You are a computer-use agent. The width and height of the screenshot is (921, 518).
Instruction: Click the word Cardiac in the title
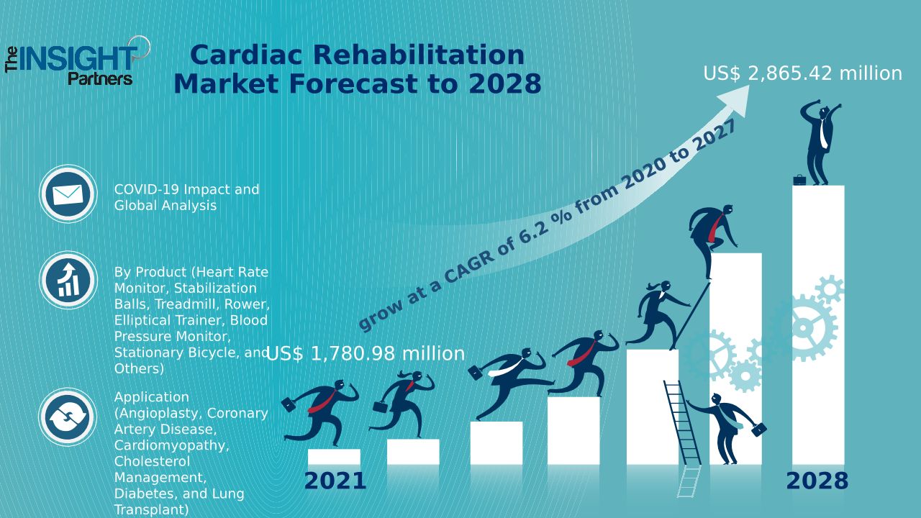(x=244, y=55)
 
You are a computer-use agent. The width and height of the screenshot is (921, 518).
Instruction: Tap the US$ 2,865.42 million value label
(x=802, y=73)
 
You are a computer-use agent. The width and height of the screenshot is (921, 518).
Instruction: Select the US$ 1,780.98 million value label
(x=366, y=354)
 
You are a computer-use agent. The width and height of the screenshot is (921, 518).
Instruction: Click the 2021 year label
(x=335, y=481)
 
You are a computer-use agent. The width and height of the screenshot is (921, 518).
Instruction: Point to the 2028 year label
(x=817, y=481)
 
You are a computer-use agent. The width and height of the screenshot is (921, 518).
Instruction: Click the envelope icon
(x=68, y=194)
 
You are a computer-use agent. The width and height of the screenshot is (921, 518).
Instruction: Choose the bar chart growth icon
(x=68, y=280)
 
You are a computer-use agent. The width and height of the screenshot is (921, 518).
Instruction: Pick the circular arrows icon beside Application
(x=68, y=417)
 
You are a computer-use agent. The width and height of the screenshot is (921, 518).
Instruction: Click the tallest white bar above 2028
(x=818, y=324)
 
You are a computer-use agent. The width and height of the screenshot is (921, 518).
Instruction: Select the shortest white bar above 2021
(x=334, y=457)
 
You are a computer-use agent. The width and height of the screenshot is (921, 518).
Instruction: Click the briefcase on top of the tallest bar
(x=799, y=180)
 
